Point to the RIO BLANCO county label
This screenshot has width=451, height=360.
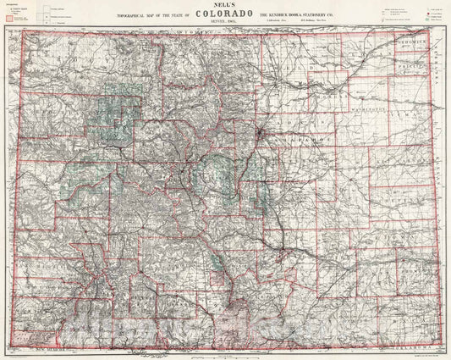pyautogui.click(x=51, y=135)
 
